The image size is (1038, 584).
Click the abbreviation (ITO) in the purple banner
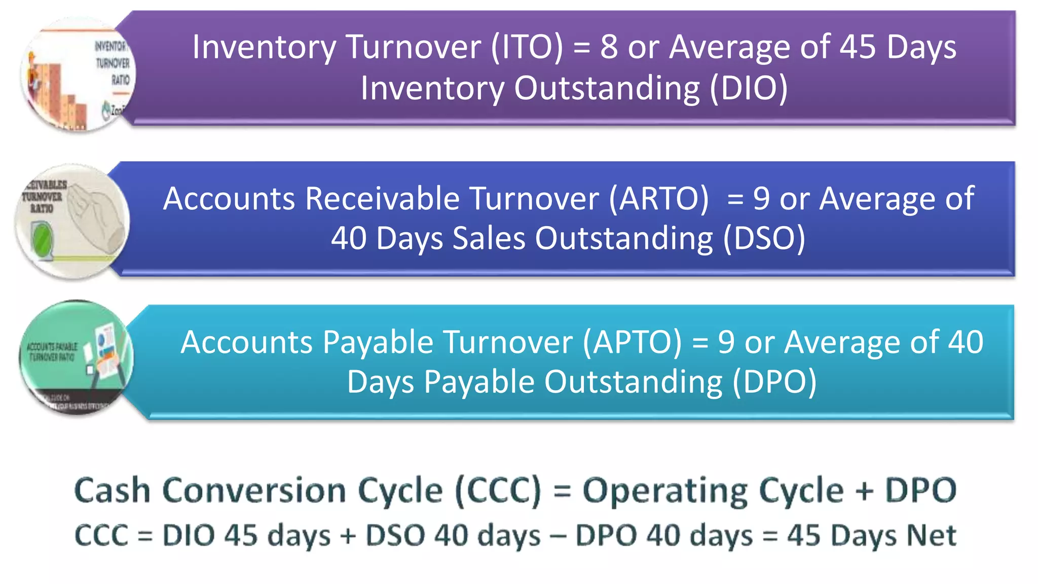point(527,47)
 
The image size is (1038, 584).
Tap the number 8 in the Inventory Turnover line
point(609,47)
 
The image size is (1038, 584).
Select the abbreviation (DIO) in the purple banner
point(749,88)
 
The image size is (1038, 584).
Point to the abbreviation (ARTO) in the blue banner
point(658,198)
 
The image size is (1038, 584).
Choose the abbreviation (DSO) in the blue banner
point(764,238)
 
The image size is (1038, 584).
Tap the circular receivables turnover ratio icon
point(72,222)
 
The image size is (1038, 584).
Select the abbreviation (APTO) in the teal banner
point(632,342)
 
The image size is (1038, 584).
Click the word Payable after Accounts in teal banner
point(378,342)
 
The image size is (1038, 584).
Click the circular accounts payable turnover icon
point(76,357)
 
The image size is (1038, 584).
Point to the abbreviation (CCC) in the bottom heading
point(498,491)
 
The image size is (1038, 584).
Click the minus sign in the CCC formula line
point(558,536)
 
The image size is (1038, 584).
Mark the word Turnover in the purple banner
point(414,47)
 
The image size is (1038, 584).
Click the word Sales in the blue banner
point(489,238)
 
